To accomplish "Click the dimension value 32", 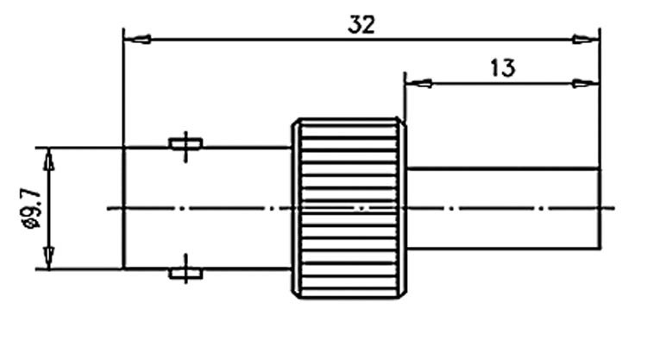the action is [x=361, y=25].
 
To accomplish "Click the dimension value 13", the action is [x=503, y=68].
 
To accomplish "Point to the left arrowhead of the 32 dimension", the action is [x=137, y=40].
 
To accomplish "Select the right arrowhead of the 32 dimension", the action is [x=586, y=40].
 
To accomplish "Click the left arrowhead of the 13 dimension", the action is [x=419, y=84].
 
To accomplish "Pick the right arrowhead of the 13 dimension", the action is [x=586, y=84].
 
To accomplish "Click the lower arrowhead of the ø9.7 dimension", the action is [x=49, y=257].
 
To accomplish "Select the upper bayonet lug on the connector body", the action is [x=185, y=144].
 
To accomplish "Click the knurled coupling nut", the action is [x=349, y=208].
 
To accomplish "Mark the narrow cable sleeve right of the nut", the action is [x=504, y=209].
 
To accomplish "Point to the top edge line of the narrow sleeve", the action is [x=504, y=168].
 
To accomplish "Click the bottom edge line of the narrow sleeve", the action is [x=504, y=249].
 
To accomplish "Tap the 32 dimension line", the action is [x=361, y=40].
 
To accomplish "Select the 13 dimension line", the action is [x=503, y=84].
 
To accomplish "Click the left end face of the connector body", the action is [x=123, y=208].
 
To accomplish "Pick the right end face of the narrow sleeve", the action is [x=600, y=209].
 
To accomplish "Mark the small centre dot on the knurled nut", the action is [x=361, y=209].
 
